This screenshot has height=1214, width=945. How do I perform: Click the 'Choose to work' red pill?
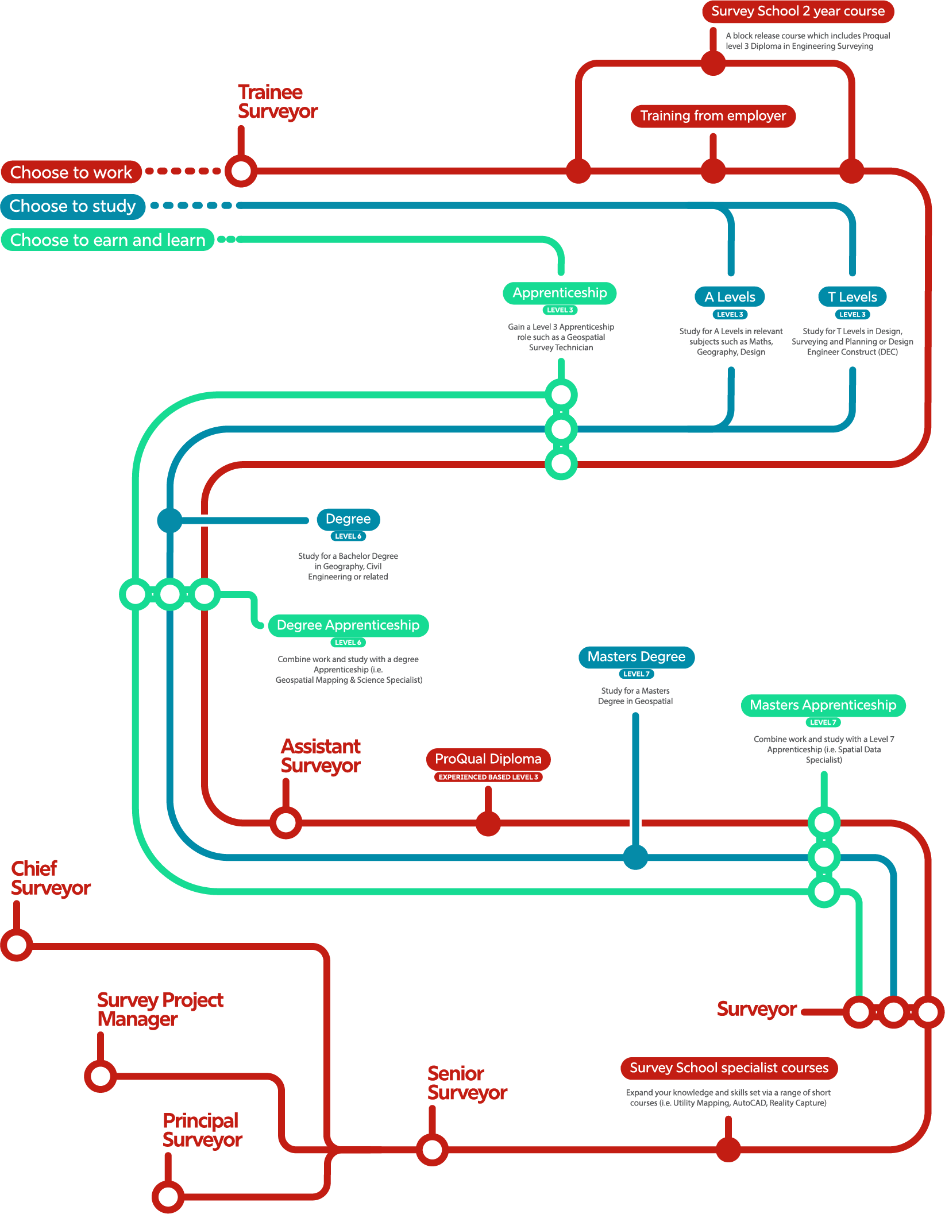point(71,172)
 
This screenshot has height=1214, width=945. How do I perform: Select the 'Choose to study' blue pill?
point(73,206)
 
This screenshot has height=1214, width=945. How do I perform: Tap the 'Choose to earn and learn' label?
point(107,239)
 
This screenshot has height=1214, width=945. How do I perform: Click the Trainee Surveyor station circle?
point(241,171)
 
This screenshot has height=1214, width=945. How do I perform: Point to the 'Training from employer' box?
point(713,116)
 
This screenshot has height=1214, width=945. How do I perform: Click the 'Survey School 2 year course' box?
point(797,11)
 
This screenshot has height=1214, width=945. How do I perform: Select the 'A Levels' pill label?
point(730,297)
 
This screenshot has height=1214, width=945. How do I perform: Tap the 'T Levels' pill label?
point(852,297)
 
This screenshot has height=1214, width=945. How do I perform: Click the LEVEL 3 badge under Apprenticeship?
point(560,310)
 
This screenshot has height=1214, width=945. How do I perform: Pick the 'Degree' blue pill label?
point(348,519)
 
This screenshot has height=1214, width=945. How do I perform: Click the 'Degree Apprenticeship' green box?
point(348,625)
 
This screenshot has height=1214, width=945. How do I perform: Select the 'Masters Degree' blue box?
point(636,657)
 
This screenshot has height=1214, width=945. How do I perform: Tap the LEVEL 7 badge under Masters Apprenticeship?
point(823,722)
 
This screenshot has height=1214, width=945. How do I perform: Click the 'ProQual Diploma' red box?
point(488,759)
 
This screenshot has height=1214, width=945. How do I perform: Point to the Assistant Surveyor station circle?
point(286,822)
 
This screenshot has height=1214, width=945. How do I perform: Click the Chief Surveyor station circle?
point(17,945)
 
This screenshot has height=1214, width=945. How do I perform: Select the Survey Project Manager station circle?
point(101,1076)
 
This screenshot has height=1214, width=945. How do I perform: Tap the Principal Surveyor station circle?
point(168,1197)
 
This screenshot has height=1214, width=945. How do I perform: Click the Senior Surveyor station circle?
point(432,1150)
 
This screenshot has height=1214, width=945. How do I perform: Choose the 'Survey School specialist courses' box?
point(728,1068)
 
